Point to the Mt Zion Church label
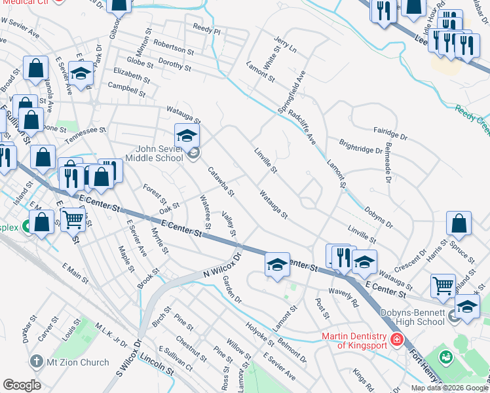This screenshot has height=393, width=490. click(x=77, y=362)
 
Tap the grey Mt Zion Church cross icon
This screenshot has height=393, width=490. click(x=36, y=362)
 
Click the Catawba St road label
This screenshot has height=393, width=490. click(x=221, y=182)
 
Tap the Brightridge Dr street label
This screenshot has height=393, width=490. click(x=360, y=146)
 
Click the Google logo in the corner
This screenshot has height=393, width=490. click(x=22, y=385)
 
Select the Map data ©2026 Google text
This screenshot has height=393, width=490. click(x=449, y=388)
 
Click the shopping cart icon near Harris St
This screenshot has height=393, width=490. click(x=443, y=285)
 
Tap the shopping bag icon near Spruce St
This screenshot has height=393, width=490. click(x=459, y=223)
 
